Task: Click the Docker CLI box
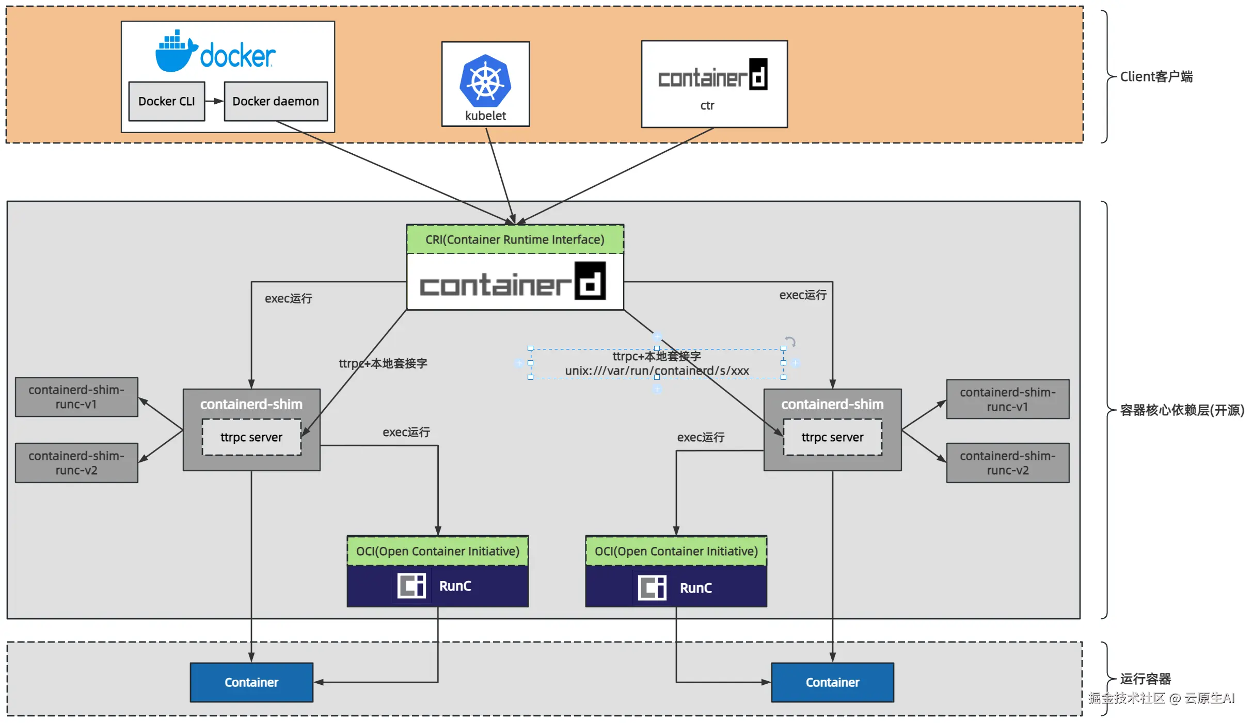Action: click(166, 101)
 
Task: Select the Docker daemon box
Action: click(276, 101)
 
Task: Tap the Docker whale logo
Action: click(176, 52)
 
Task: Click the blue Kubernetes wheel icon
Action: click(485, 82)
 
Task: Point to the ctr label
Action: click(707, 106)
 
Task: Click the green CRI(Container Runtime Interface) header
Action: click(515, 239)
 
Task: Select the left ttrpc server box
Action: click(251, 437)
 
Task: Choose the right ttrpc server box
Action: click(832, 437)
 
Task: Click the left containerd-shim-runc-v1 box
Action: click(76, 397)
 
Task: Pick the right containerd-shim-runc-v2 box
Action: click(1007, 463)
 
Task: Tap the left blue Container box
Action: click(251, 682)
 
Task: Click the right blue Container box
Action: click(832, 682)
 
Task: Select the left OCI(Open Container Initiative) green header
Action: click(437, 551)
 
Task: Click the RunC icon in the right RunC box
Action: click(652, 587)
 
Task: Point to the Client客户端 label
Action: click(1156, 77)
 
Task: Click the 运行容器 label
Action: click(1145, 679)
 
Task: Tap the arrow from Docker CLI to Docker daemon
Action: click(214, 101)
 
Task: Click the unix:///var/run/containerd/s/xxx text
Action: click(657, 371)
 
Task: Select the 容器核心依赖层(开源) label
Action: click(1182, 410)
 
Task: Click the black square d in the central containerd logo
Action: click(590, 281)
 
